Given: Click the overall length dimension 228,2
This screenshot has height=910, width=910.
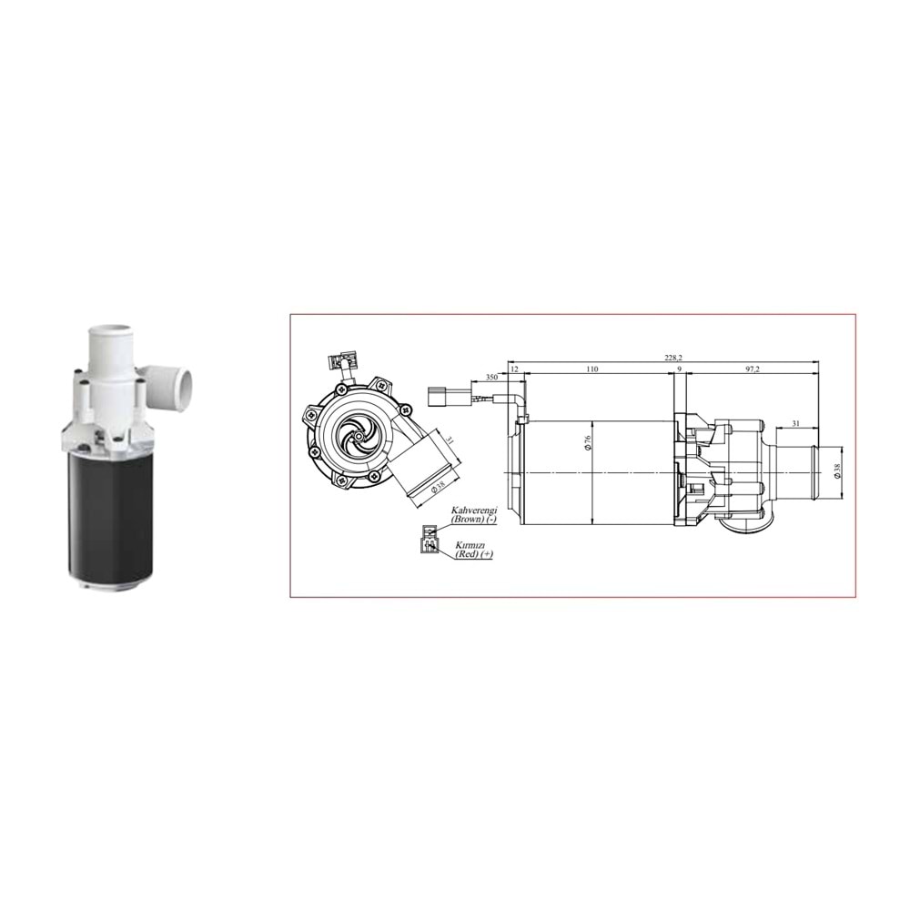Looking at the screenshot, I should coord(673,358).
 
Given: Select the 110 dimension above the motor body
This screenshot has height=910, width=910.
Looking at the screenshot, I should coord(591,369).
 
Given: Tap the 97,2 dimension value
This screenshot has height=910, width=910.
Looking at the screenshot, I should coord(752,369).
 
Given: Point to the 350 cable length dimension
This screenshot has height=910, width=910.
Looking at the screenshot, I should coord(491,376).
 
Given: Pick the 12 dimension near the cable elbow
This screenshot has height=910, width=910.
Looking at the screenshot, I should coord(515,369).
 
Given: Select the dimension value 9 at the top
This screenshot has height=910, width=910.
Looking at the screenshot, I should coord(679,369).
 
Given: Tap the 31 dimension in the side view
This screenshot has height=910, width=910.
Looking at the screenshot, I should coord(796,423).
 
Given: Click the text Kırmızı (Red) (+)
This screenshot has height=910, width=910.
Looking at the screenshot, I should coord(473,549).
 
